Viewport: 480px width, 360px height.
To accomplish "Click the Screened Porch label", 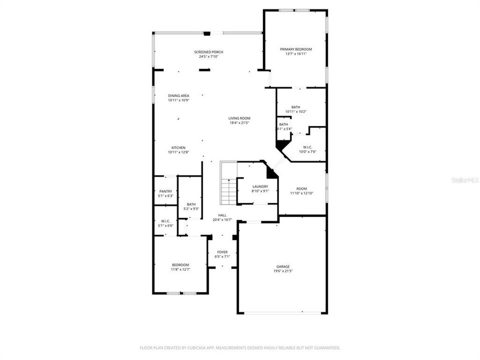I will (x=208, y=52).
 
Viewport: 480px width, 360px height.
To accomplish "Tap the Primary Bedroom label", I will (x=295, y=49).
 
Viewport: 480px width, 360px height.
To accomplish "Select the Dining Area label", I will (x=178, y=95).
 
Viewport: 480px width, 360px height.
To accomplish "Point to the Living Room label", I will (x=239, y=118).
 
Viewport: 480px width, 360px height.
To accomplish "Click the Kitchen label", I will (x=178, y=147).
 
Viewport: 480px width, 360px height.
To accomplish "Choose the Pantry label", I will (x=165, y=191).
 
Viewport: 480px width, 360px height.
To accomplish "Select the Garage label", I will (x=283, y=266).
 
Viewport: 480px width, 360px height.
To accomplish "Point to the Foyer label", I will (x=222, y=252).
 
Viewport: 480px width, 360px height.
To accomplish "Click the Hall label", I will (x=222, y=215).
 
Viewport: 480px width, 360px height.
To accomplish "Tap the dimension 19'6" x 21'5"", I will (x=283, y=271).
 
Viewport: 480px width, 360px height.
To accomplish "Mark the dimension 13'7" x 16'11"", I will (x=295, y=53).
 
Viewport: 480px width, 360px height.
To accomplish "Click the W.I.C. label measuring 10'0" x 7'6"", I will (x=307, y=147).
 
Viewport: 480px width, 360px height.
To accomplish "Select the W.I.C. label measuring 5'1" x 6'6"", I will (x=165, y=221).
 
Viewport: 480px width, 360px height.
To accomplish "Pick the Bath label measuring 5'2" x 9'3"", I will (x=191, y=204).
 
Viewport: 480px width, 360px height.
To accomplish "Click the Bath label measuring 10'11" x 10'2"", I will (x=295, y=107).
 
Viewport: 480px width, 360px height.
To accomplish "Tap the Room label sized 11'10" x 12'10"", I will (x=301, y=188).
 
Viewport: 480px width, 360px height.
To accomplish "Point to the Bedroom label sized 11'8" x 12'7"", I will (x=180, y=264).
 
